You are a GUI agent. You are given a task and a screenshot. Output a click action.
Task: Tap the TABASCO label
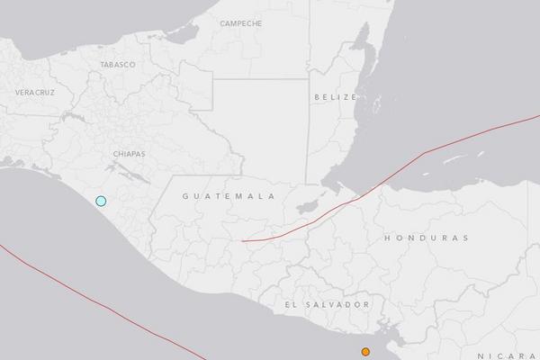coord(118,65)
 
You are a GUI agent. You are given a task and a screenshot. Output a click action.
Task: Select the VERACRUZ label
coord(34,93)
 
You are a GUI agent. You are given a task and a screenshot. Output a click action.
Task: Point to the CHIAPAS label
coord(130,154)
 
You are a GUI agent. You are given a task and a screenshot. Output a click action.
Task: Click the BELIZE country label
coord(336,96)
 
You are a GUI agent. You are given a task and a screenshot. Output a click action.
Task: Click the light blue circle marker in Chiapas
coord(102,201)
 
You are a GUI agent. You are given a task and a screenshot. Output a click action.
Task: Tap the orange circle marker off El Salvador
coord(365,352)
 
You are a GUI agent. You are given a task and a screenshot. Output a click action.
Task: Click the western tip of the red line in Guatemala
coord(242,241)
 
